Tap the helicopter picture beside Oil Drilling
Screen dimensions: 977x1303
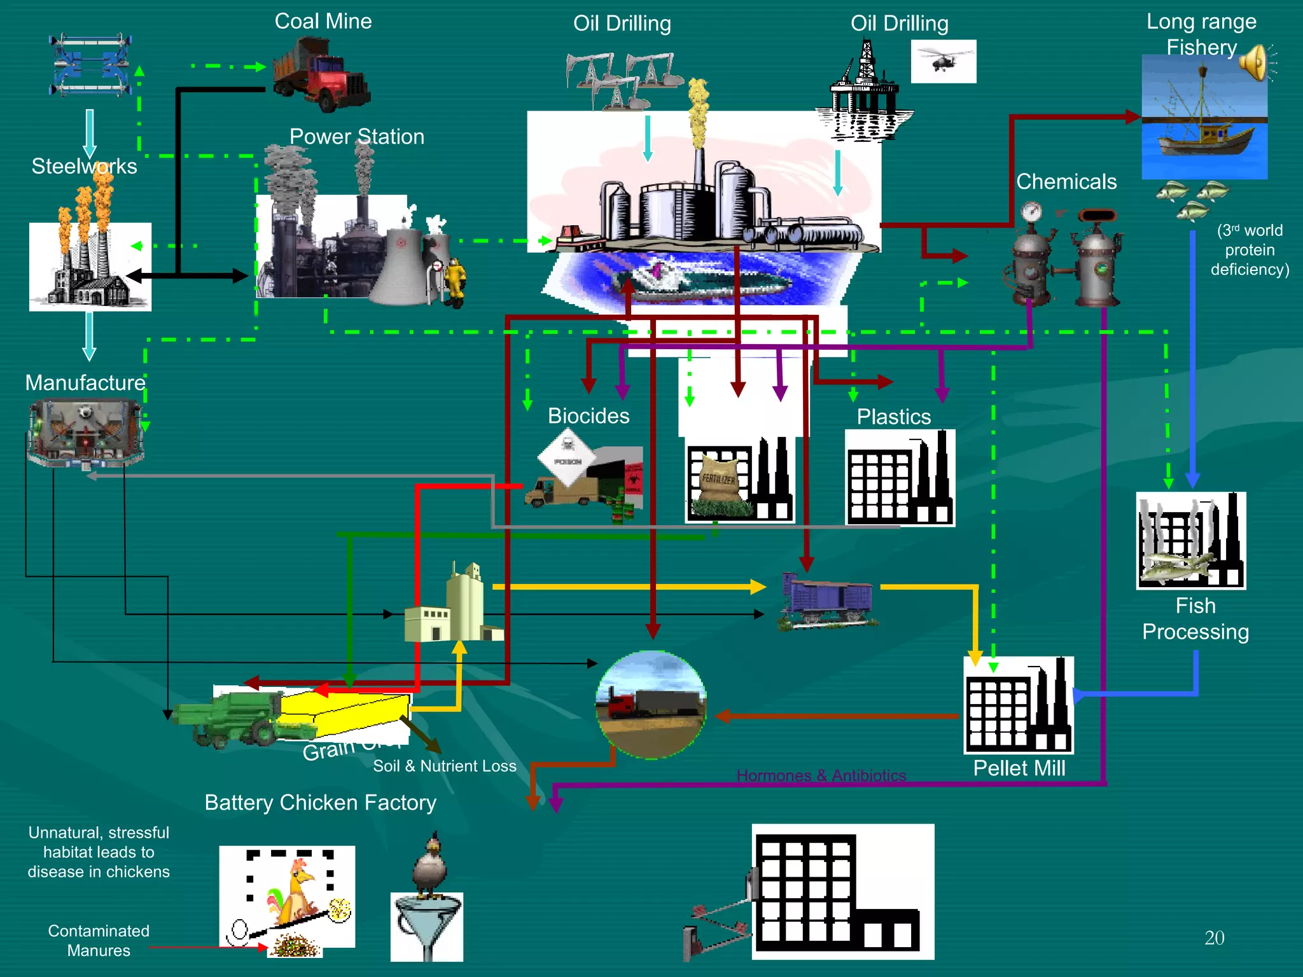click(943, 61)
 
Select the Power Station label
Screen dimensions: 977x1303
click(356, 137)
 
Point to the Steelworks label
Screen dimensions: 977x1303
click(84, 166)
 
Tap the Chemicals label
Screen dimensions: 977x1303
click(1066, 182)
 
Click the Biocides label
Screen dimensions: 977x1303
click(589, 416)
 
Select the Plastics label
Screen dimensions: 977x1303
click(893, 417)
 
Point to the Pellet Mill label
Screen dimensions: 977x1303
click(1019, 768)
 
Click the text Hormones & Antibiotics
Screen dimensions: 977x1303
click(821, 775)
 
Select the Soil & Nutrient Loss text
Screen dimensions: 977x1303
click(444, 766)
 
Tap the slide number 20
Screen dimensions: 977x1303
click(1214, 938)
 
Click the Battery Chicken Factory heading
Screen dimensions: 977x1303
click(320, 803)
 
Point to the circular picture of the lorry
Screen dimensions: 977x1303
click(651, 704)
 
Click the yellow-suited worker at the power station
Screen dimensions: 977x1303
click(456, 280)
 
